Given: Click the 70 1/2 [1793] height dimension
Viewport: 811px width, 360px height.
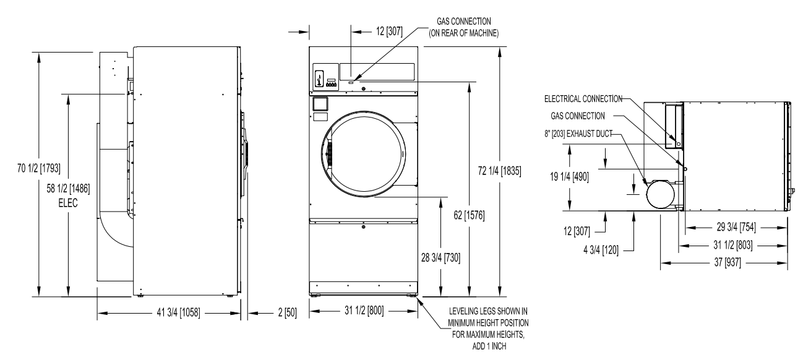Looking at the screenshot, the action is (39, 168).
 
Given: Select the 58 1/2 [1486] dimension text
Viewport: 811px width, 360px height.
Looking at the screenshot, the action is (68, 188).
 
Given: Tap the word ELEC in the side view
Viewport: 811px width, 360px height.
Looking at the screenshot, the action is (68, 203).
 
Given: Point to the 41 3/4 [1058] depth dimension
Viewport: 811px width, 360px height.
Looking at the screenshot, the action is (178, 312).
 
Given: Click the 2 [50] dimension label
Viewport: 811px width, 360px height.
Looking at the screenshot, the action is (287, 312).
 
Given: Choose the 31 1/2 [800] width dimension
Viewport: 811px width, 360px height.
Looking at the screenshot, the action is (364, 311).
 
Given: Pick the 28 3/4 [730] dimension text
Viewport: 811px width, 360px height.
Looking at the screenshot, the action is (440, 258).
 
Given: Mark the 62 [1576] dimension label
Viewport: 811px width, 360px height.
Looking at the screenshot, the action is (469, 215).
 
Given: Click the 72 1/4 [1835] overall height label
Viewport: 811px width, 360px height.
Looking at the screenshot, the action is (500, 171).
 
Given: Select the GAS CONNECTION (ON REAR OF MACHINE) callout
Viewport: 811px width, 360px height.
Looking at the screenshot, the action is (464, 27).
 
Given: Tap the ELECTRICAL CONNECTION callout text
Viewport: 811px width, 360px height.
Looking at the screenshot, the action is (583, 99).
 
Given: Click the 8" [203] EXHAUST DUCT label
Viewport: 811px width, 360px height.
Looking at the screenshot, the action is (578, 134).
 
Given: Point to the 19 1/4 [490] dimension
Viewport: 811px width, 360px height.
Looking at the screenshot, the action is (569, 177).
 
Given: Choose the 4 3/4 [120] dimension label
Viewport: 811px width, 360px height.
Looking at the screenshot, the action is (601, 250).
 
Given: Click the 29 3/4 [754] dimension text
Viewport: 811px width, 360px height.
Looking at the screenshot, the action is (736, 227).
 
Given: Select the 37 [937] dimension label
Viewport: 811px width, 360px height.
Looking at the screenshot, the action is (727, 262).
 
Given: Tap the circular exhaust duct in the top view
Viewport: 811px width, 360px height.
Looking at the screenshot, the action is (661, 194).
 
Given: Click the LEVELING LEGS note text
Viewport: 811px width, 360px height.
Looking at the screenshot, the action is (488, 328).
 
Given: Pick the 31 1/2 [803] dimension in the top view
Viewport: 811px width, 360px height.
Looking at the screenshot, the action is (733, 245).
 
